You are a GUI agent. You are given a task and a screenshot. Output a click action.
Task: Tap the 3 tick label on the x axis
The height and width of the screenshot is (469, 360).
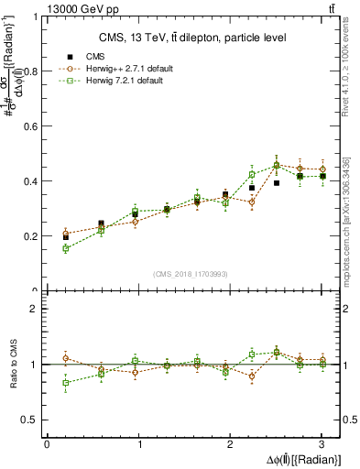(322, 444)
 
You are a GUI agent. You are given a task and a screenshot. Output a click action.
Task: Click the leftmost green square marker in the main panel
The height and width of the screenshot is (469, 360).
(65, 248)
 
